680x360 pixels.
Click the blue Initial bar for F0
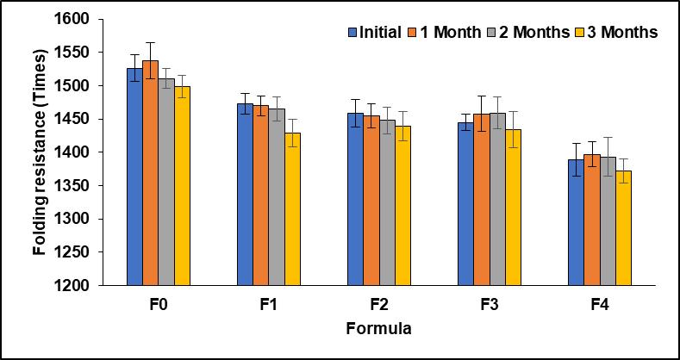tap(134, 177)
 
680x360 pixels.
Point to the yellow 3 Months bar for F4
tap(623, 227)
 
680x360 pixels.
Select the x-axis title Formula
tap(378, 329)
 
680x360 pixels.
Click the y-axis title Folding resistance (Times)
tap(40, 152)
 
